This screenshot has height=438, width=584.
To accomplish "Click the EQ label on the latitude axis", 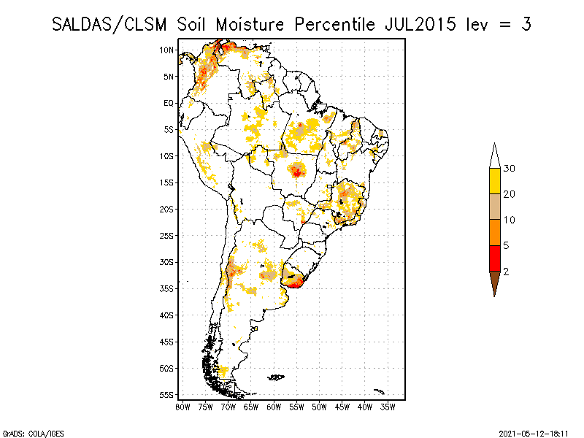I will click(168, 103).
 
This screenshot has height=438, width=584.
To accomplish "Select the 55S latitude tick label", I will click(166, 394).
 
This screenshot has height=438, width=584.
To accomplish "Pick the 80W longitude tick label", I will click(183, 407).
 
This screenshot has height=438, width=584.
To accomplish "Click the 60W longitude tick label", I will click(274, 407).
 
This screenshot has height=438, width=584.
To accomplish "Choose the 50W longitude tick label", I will click(319, 407).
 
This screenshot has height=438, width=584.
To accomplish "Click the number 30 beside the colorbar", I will click(510, 169).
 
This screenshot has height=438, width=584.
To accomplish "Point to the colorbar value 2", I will click(506, 272).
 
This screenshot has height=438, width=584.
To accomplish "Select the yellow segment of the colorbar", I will click(494, 182).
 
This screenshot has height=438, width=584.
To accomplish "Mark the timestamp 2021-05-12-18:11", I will click(534, 433).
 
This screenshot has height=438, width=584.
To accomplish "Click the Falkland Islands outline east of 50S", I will click(276, 377).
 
